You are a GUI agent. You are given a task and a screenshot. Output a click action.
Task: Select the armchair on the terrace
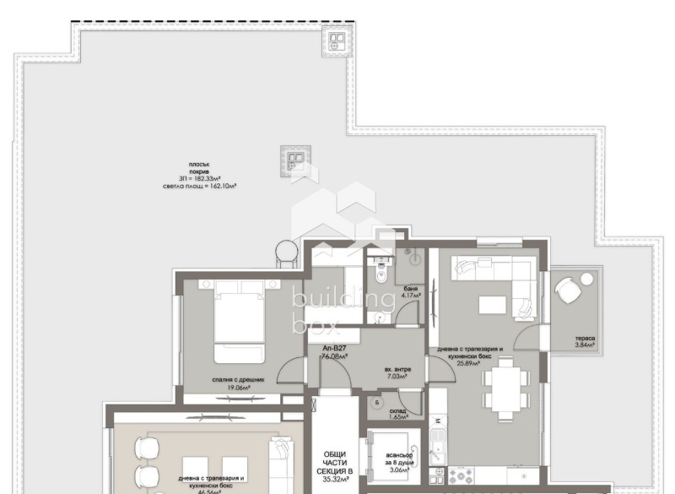[568, 293]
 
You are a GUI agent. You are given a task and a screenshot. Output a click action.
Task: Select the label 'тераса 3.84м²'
[585, 342]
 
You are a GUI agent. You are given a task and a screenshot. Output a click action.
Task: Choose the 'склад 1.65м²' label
[397, 412]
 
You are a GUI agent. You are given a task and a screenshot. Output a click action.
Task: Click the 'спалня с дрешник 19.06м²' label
[240, 384]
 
